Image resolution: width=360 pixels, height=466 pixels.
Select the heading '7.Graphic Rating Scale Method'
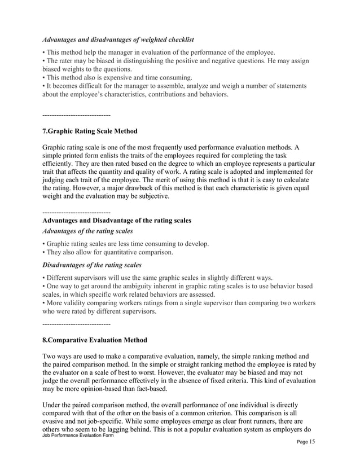tap(90, 131)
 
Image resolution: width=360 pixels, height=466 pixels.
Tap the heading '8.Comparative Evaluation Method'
tap(95, 340)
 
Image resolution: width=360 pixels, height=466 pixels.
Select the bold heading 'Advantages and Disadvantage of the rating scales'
tap(117, 220)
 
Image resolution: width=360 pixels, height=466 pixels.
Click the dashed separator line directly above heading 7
tap(76, 115)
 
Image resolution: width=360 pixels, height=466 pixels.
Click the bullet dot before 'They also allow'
tap(44, 252)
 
